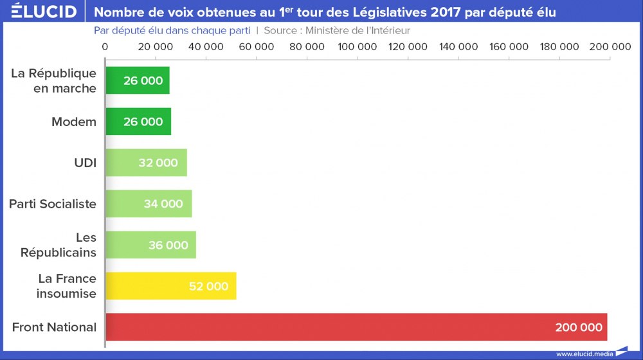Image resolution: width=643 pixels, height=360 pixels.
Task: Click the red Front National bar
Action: [x=356, y=327]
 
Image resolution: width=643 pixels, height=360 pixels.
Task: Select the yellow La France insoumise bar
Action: [x=170, y=286]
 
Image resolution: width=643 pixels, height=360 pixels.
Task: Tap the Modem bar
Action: [x=138, y=122]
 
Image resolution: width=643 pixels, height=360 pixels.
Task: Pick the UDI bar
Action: [x=146, y=163]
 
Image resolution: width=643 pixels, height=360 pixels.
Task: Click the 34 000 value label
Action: [x=163, y=204]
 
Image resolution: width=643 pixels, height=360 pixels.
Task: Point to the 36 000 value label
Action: [x=168, y=245]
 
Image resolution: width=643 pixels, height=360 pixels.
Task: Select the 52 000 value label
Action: [x=208, y=286]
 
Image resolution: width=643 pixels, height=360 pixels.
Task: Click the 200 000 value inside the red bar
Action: [x=579, y=327]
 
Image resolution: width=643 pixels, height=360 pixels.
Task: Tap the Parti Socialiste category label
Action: [x=53, y=204]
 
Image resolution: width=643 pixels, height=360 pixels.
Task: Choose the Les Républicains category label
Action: [x=59, y=245]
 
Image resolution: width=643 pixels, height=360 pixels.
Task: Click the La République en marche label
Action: [x=54, y=80]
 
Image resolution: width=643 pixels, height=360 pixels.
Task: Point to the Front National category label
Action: [x=54, y=327]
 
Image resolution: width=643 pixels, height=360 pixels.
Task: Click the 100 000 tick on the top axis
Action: [x=358, y=47]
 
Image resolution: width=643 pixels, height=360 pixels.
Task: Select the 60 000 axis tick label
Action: [x=257, y=47]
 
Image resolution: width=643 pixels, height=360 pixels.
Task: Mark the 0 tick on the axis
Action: [x=105, y=47]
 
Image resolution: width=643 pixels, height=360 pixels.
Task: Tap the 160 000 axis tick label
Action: [x=509, y=47]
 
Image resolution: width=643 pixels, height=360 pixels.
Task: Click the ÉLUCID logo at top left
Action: [x=44, y=12]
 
